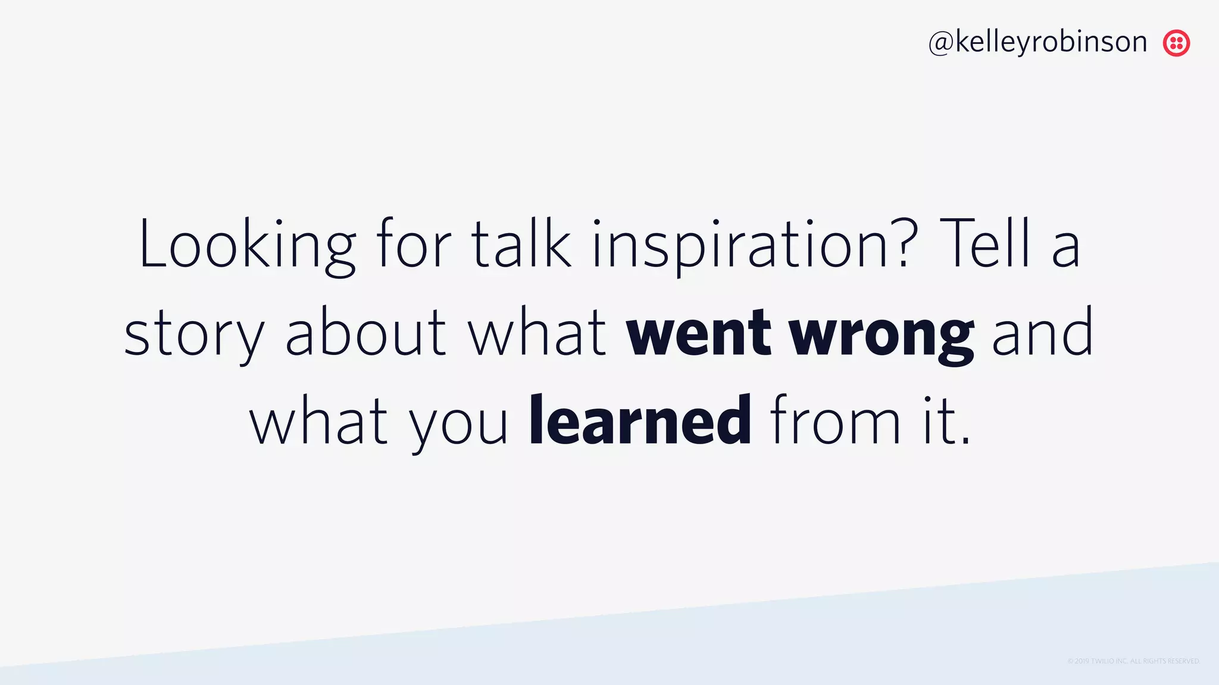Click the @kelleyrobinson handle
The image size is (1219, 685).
pyautogui.click(x=1037, y=42)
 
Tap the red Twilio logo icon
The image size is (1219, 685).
pyautogui.click(x=1176, y=43)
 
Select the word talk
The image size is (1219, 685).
pyautogui.click(x=521, y=244)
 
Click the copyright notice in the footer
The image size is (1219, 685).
pyautogui.click(x=1133, y=661)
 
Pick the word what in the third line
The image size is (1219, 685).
pyautogui.click(x=318, y=421)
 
